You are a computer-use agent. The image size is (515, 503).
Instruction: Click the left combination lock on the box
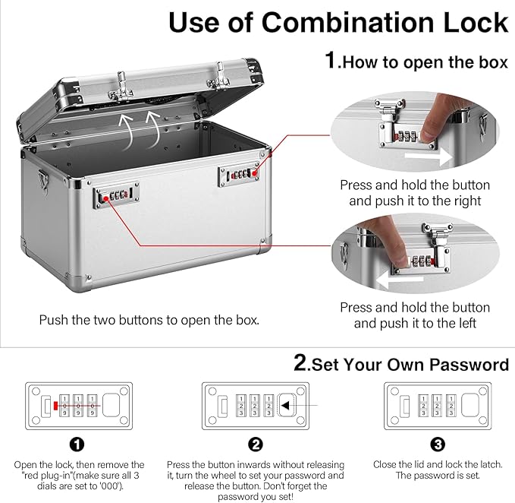[x=116, y=197]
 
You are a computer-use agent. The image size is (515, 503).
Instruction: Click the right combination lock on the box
[x=240, y=174]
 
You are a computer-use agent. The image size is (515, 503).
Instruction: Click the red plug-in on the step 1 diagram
[x=56, y=404]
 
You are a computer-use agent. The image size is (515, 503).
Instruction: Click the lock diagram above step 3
[x=436, y=404]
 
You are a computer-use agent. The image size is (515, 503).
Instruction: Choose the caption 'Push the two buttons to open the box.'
[x=149, y=320]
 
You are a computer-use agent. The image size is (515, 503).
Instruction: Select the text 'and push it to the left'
[x=415, y=323]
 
